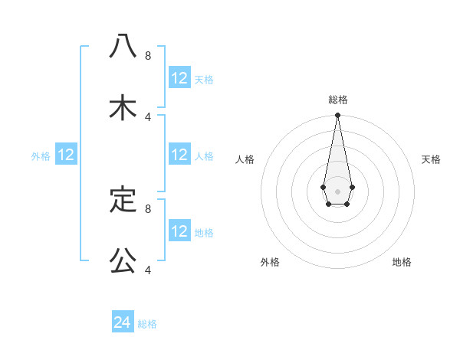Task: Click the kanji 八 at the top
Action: pos(123,46)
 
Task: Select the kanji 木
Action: pos(123,108)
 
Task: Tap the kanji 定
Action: pos(123,200)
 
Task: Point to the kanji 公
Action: pos(123,261)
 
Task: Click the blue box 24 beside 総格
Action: pos(123,322)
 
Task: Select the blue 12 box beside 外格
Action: pos(66,155)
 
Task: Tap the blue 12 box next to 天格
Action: pos(179,78)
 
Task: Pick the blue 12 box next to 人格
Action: pos(179,155)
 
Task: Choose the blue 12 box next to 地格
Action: pos(179,231)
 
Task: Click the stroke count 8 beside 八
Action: pos(148,55)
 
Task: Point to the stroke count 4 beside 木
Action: pos(148,116)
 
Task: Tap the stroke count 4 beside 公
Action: pos(148,270)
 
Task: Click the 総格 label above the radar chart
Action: pos(337,100)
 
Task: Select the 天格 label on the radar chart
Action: pos(431,159)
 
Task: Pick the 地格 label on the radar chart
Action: pos(402,262)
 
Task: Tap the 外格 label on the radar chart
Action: pos(270,262)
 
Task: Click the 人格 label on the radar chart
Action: pos(245,159)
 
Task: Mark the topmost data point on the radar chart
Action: pos(337,116)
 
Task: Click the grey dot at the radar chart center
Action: pos(337,190)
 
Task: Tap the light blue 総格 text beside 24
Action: pos(147,324)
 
